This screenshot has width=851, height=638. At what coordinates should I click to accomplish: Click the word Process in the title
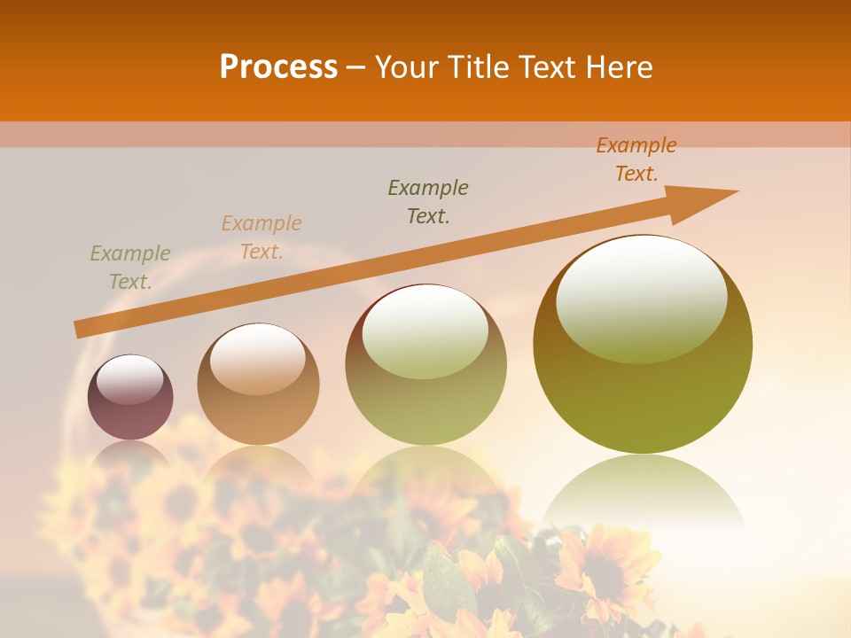click(x=278, y=67)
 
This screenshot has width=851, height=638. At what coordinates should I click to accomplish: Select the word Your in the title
click(x=406, y=67)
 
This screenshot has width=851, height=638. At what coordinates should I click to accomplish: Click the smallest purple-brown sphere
click(x=130, y=397)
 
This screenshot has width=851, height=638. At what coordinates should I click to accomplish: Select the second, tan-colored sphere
click(x=258, y=385)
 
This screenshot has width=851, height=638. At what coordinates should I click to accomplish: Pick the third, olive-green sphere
click(x=425, y=365)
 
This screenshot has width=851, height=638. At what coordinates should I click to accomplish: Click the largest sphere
click(x=643, y=344)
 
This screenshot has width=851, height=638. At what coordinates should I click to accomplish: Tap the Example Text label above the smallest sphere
click(x=130, y=268)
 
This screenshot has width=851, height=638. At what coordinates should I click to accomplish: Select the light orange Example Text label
click(x=262, y=237)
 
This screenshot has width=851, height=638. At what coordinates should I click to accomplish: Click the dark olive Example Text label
click(x=428, y=201)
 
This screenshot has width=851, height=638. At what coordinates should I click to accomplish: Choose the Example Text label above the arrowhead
click(x=636, y=159)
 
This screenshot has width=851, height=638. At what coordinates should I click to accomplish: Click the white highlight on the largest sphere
click(x=642, y=298)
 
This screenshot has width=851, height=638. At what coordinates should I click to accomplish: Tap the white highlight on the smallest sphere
click(x=129, y=379)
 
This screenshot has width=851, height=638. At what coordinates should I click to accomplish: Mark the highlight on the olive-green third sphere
click(x=425, y=331)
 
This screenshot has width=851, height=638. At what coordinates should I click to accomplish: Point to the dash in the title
click(x=356, y=67)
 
